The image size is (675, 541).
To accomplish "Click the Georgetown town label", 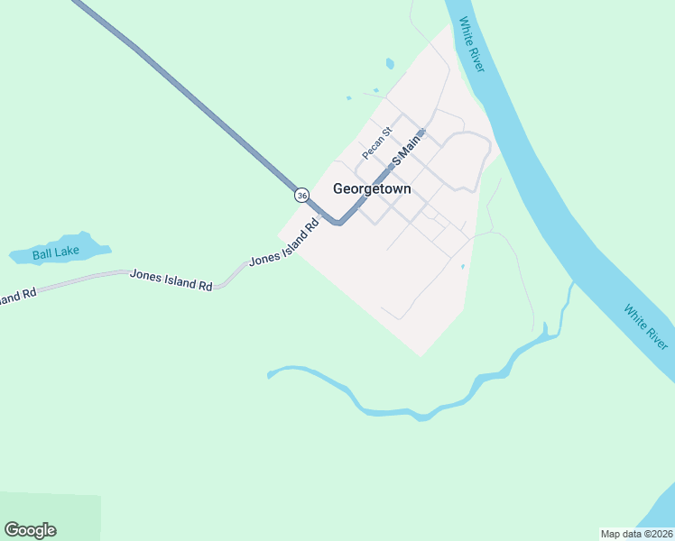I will click(372, 189).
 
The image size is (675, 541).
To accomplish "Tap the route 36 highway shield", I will click(301, 195).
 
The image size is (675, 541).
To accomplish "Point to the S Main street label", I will click(407, 148).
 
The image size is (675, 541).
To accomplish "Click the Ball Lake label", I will click(56, 253).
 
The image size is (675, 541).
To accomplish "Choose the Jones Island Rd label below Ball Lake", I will click(171, 279).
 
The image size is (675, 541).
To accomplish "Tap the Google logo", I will click(30, 530).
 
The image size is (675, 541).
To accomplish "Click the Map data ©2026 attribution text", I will click(636, 533).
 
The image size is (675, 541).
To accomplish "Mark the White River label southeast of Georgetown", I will click(646, 326).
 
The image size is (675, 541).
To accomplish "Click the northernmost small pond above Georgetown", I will click(390, 64).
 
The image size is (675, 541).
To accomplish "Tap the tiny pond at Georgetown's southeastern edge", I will click(462, 267).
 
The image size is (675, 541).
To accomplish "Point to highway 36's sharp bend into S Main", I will click(337, 222).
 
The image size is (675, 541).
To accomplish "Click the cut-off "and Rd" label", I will click(18, 295).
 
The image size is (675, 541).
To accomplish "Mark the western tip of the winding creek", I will click(270, 374).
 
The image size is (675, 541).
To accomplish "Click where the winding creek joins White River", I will click(571, 286).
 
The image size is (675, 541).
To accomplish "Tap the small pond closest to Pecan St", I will click(347, 98).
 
